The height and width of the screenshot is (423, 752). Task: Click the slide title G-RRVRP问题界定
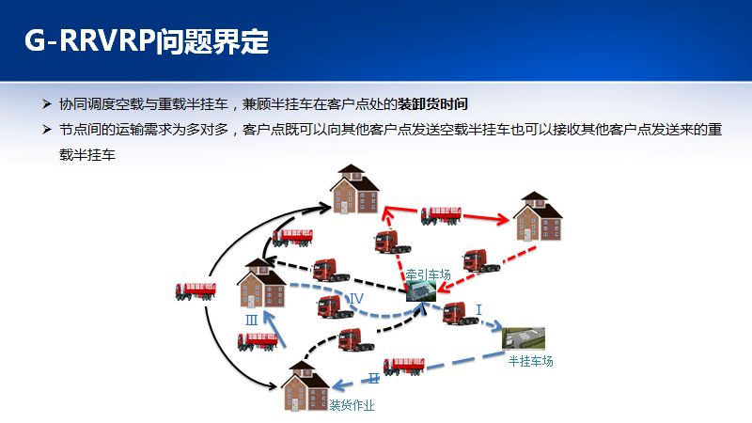146,41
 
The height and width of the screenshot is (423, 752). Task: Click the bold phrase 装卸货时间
432,103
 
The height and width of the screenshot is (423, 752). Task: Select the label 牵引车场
429,274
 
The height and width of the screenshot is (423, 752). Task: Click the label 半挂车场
530,361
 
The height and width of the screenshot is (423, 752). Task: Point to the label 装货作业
352,406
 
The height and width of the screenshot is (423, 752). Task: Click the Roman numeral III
252,321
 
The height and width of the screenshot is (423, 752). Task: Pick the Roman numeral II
373,378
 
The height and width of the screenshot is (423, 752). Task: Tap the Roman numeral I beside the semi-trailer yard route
478,309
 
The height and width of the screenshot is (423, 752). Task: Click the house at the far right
538,217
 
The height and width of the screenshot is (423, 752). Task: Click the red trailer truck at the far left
196,291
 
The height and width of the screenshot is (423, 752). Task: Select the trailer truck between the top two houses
440,214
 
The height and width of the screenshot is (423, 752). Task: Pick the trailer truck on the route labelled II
403,365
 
